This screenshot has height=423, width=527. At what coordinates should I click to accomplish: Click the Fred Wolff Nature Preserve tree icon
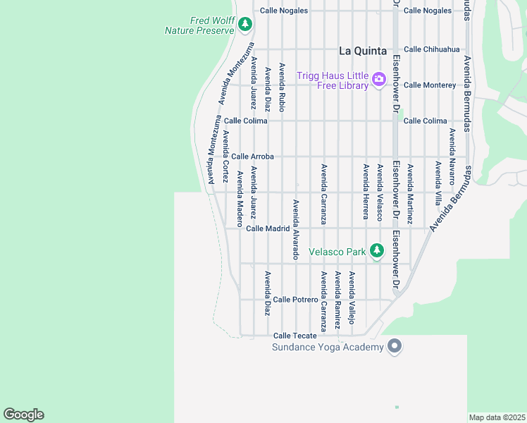click(245, 25)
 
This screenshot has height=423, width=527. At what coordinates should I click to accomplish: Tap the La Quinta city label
click(363, 51)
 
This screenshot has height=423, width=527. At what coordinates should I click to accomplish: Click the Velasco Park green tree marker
click(377, 250)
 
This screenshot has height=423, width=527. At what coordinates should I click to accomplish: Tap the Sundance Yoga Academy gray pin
click(395, 346)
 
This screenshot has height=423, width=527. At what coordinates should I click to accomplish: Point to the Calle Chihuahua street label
click(431, 49)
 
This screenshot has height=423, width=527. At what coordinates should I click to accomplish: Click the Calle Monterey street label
click(430, 85)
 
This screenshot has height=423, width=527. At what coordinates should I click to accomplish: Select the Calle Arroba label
click(252, 157)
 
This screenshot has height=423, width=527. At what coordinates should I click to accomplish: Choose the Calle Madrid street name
click(268, 228)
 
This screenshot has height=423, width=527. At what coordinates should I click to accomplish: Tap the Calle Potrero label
click(296, 300)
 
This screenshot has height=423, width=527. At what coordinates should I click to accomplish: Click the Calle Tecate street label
click(294, 336)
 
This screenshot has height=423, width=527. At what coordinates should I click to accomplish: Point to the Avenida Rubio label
click(282, 88)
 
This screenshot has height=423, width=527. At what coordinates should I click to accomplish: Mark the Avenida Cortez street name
click(225, 157)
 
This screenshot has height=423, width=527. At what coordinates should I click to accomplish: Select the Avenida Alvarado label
click(296, 230)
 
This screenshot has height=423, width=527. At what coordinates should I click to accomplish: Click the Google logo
click(23, 415)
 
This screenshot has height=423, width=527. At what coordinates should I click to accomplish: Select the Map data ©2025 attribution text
click(497, 417)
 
